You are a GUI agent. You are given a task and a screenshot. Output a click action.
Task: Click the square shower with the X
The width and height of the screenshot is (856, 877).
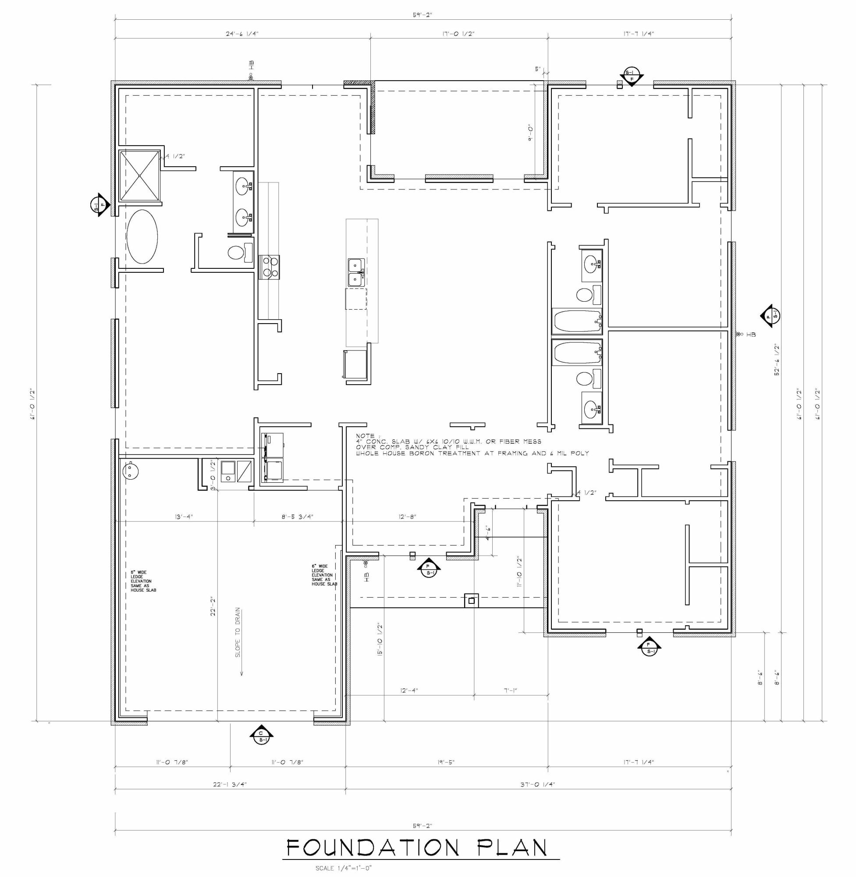pos(139,175)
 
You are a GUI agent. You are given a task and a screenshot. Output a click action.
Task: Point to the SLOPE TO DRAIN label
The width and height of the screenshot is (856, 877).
pos(238,632)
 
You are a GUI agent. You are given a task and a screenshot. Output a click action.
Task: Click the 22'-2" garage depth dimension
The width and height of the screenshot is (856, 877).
pos(213,606)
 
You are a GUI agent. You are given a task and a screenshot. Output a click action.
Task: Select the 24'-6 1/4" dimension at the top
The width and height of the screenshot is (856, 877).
pos(242,34)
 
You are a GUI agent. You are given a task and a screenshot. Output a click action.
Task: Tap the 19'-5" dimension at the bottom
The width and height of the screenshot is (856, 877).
pos(446,762)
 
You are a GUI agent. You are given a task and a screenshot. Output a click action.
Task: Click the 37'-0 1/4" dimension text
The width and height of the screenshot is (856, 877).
pos(538,784)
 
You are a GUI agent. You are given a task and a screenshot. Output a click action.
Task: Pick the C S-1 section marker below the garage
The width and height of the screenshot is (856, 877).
pos(261,735)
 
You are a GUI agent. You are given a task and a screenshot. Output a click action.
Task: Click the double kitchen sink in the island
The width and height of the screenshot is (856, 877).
pos(355,272)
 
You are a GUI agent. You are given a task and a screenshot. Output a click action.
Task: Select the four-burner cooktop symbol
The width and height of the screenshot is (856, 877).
pos(269,267)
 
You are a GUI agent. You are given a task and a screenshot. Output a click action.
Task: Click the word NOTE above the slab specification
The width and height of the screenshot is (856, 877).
pos(365,436)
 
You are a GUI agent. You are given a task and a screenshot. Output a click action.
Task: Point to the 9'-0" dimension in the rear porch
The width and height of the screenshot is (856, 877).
pos(531,133)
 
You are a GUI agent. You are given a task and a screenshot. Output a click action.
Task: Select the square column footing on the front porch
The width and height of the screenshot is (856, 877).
pos(471,600)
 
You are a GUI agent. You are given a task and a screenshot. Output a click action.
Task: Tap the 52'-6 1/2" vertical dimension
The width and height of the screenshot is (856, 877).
pos(777,360)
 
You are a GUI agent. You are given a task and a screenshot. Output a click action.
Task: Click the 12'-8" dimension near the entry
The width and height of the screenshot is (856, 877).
pos(407,517)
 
